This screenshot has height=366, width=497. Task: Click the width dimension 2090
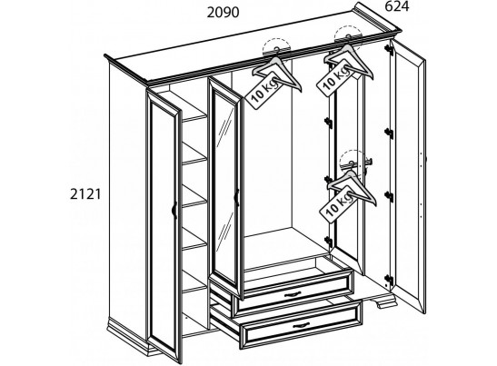[x=223, y=13]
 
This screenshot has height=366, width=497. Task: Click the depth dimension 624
[x=397, y=6]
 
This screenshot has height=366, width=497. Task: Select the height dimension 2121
[x=85, y=194]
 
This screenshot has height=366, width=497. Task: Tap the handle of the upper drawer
[x=293, y=294]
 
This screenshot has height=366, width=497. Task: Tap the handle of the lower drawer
[x=301, y=325]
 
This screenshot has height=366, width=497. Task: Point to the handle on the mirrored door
[x=236, y=197]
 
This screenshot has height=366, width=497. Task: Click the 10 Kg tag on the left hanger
[x=263, y=90]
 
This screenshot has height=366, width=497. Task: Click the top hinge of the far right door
[x=389, y=50]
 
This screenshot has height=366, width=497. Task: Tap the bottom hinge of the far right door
[x=389, y=281]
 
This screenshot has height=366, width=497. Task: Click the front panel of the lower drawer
[x=302, y=325]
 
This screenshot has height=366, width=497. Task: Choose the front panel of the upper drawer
[x=293, y=290]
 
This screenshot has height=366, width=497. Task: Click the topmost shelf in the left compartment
[x=194, y=118]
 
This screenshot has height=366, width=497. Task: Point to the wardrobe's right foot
[x=386, y=301]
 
